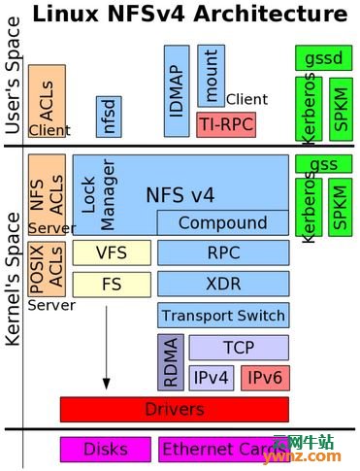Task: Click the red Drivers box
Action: click(174, 409)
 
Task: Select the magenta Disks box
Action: click(105, 450)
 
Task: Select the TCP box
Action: click(238, 347)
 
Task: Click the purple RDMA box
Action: click(170, 361)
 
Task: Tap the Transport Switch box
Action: click(223, 316)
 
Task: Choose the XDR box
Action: click(223, 285)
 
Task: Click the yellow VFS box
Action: click(112, 253)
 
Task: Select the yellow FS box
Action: click(112, 285)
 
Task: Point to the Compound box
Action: click(222, 223)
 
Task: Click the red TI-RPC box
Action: click(224, 123)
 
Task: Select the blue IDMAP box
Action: click(177, 90)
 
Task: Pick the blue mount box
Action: click(211, 75)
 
